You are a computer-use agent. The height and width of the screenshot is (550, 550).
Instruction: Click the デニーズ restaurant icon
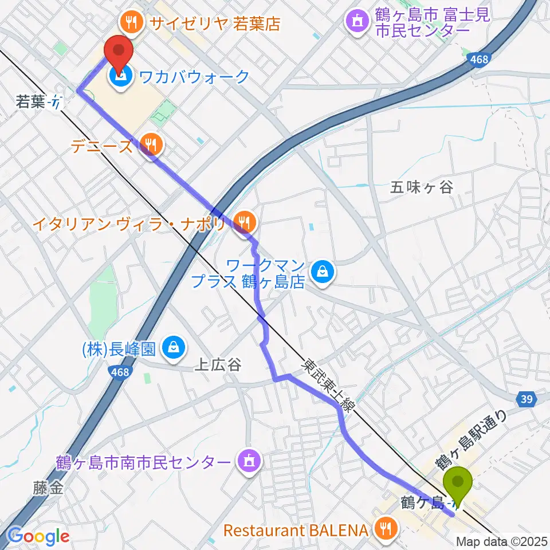coord(151,144)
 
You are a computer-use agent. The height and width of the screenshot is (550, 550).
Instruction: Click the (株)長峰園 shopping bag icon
coord(172,347)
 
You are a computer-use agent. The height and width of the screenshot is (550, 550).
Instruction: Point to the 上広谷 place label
coord(218,364)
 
